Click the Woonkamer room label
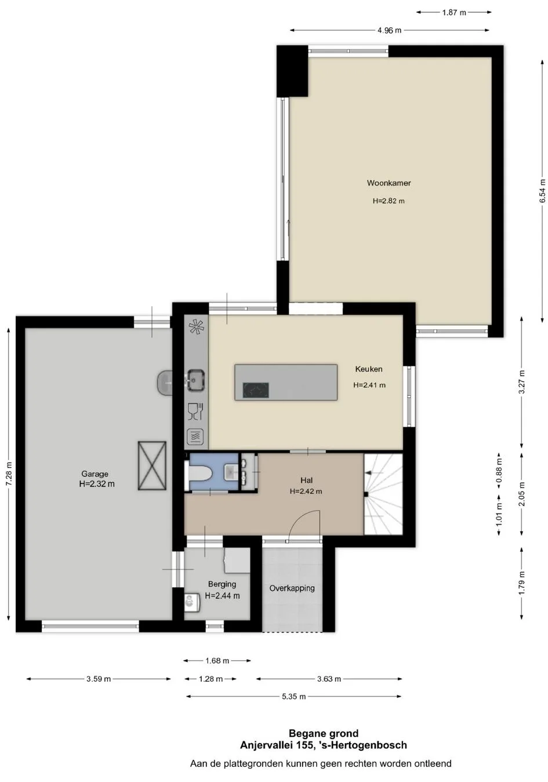(389, 183)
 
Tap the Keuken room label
(368, 369)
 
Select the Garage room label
(95, 474)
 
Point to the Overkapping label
(292, 588)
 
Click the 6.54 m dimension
(542, 191)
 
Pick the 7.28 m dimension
(9, 474)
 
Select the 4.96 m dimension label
(389, 30)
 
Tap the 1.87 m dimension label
(454, 13)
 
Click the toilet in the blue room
(198, 472)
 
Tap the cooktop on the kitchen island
(256, 390)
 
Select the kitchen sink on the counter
(196, 380)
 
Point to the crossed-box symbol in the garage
(152, 465)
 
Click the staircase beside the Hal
(383, 494)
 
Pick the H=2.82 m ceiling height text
(389, 201)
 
